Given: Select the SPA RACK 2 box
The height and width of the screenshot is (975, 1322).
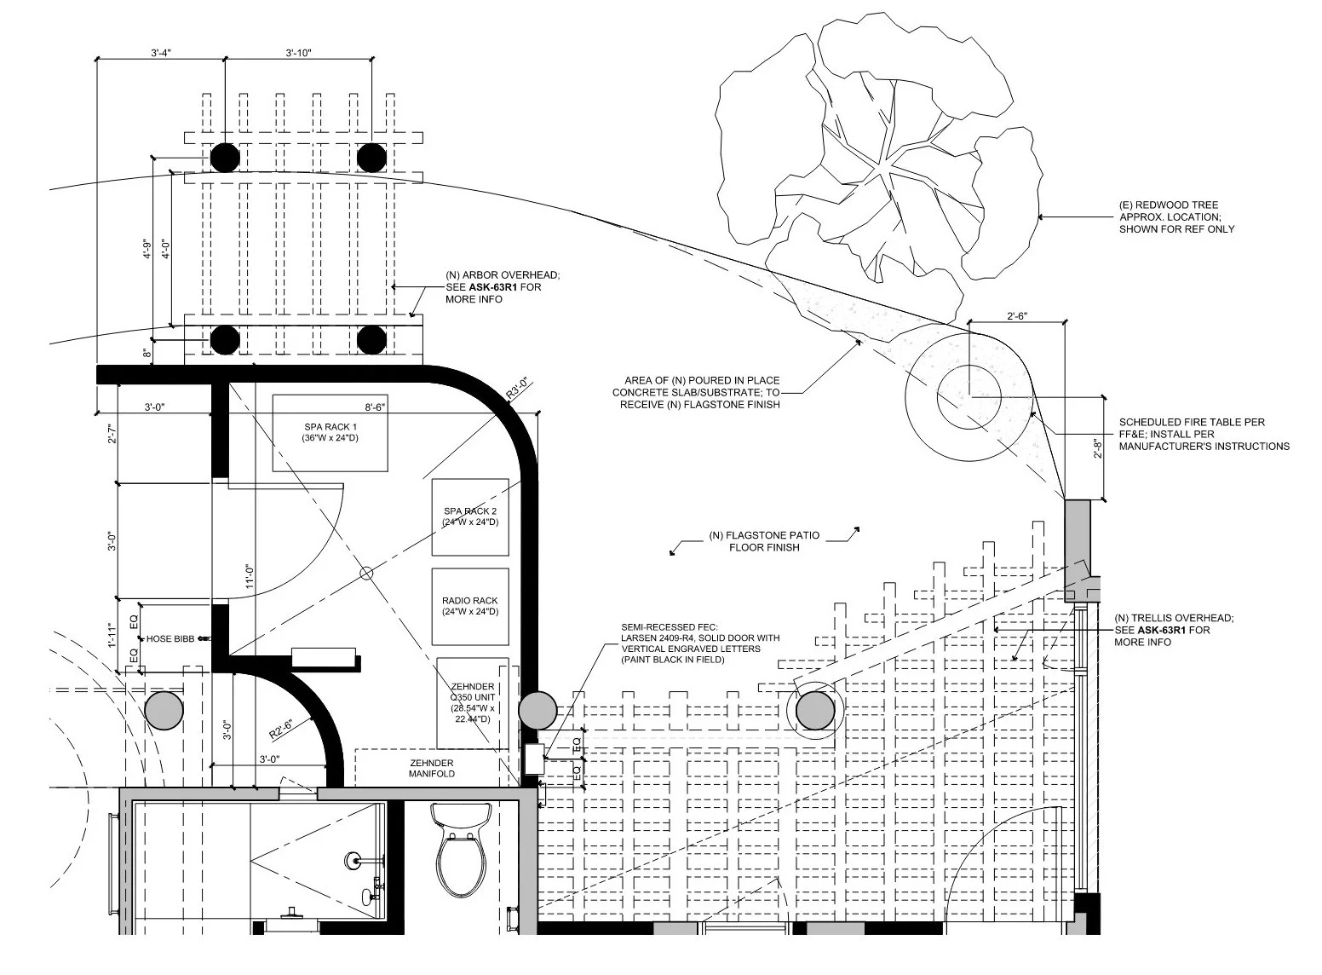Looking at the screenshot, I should pyautogui.click(x=470, y=516).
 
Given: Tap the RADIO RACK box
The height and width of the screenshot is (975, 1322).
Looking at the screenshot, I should pyautogui.click(x=470, y=606).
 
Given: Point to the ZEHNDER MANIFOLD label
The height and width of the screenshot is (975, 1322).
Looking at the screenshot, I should pyautogui.click(x=426, y=769).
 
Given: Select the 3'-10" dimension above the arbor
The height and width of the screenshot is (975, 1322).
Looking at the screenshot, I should pyautogui.click(x=298, y=53).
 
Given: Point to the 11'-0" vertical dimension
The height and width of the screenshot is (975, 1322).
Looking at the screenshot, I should pyautogui.click(x=250, y=577).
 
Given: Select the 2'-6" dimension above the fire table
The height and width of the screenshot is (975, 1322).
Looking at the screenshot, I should pyautogui.click(x=1016, y=316).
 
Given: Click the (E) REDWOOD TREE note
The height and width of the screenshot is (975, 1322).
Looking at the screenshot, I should pyautogui.click(x=1175, y=216).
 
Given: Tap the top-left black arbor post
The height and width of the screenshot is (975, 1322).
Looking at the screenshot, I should pyautogui.click(x=225, y=158).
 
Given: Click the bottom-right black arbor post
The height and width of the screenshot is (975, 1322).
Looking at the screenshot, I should pyautogui.click(x=371, y=338).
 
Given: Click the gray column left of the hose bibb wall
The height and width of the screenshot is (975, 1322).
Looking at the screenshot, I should pyautogui.click(x=164, y=711).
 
